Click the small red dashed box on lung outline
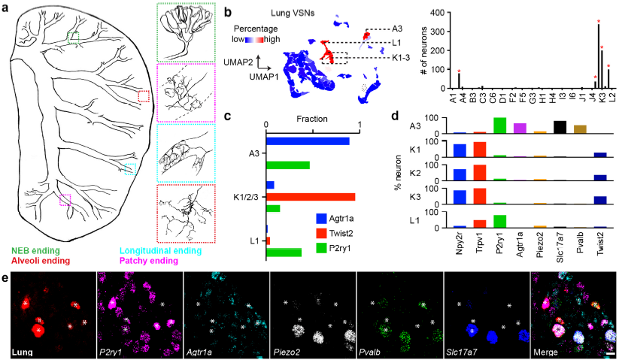[144, 96]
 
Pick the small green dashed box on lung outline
[72, 38]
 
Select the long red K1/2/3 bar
[311, 196]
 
